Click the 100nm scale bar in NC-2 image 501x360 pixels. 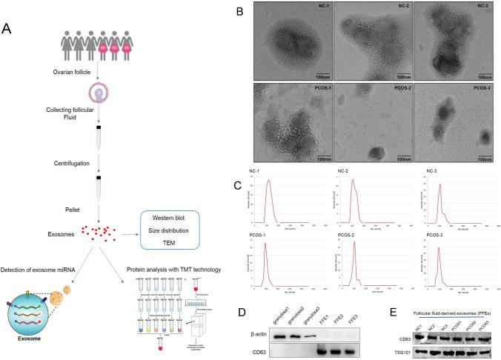click(403, 74)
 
